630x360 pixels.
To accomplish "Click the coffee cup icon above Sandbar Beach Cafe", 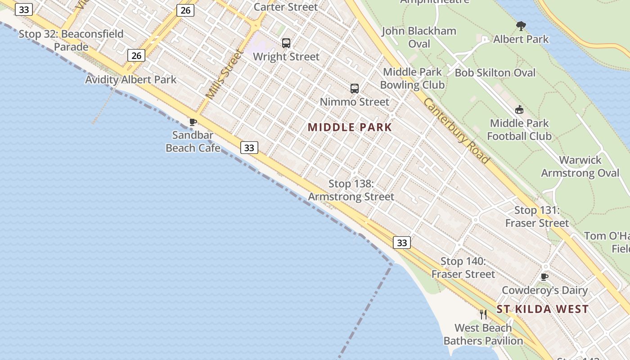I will pyautogui.click(x=193, y=122).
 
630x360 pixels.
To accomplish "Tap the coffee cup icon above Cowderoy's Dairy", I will pyautogui.click(x=544, y=277).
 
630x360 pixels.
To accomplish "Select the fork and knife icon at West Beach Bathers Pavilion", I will pyautogui.click(x=483, y=314).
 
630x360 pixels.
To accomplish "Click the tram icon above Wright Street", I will pyautogui.click(x=286, y=43).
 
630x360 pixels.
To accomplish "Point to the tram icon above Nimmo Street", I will pyautogui.click(x=355, y=89).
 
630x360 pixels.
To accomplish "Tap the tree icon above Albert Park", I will pyautogui.click(x=521, y=26).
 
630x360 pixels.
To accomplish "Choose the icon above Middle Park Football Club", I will pyautogui.click(x=519, y=109).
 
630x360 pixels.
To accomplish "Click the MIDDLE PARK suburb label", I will pyautogui.click(x=350, y=127).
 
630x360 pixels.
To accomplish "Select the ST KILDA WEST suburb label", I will pyautogui.click(x=542, y=309).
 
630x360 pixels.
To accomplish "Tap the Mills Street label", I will pyautogui.click(x=224, y=75).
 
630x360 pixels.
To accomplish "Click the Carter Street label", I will pyautogui.click(x=286, y=7).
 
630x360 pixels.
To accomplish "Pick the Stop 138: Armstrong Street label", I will pyautogui.click(x=351, y=190).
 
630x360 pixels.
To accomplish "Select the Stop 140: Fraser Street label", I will pyautogui.click(x=463, y=268).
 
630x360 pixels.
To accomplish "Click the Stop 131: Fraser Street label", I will pyautogui.click(x=537, y=216).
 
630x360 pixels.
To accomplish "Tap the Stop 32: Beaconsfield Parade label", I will pyautogui.click(x=71, y=40).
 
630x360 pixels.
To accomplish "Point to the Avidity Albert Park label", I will pyautogui.click(x=131, y=80).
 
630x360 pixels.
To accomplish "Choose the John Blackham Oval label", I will pyautogui.click(x=419, y=37).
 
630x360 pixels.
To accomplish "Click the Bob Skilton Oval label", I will pyautogui.click(x=495, y=73).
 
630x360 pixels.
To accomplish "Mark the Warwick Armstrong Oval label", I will pyautogui.click(x=580, y=166).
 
